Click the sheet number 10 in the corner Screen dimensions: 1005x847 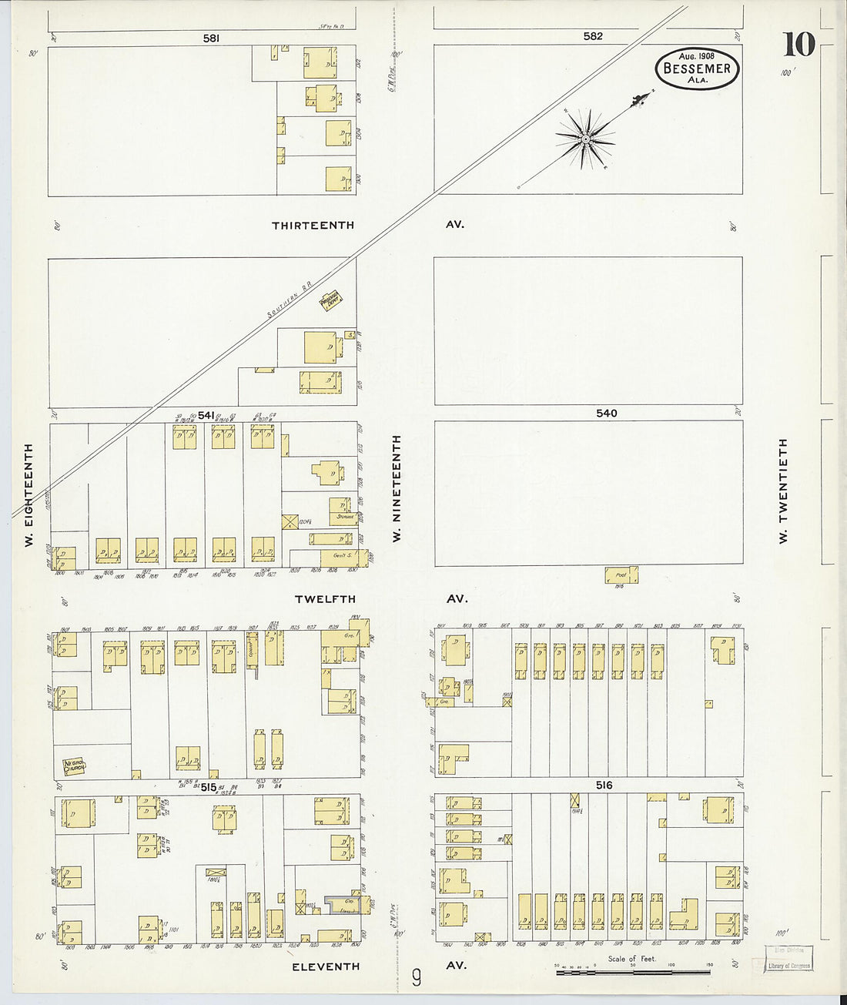(x=798, y=45)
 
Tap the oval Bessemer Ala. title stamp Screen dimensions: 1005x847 (x=697, y=69)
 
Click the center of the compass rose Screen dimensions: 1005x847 (x=585, y=139)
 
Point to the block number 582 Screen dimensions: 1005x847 (x=592, y=36)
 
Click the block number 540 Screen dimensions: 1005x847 (x=606, y=414)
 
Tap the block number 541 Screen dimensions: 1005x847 (x=206, y=416)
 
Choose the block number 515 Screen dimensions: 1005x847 (x=209, y=787)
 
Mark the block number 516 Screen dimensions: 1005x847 (x=603, y=786)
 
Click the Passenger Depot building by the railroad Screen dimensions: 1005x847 (x=331, y=301)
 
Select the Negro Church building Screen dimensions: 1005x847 (x=73, y=767)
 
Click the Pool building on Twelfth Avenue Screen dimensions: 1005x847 (x=621, y=575)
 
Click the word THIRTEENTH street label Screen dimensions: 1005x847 (x=313, y=226)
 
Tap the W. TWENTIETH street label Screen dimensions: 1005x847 (x=783, y=491)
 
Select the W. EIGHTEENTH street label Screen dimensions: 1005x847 (x=28, y=495)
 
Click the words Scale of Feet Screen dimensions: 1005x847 (x=631, y=959)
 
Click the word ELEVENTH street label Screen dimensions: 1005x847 (x=325, y=966)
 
